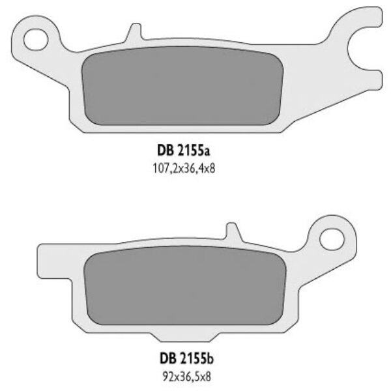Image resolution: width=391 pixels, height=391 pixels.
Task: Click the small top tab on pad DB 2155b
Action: pyautogui.click(x=230, y=229)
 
